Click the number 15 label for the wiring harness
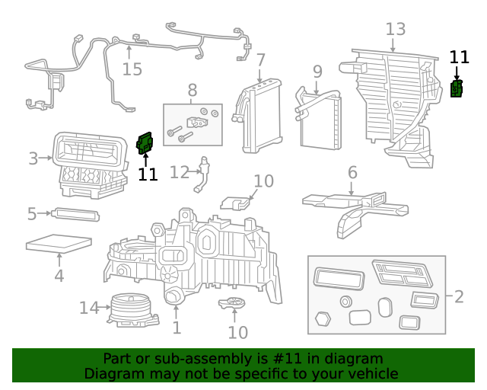pyautogui.click(x=132, y=69)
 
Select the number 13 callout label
pyautogui.click(x=395, y=30)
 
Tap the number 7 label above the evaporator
pyautogui.click(x=260, y=59)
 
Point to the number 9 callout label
pyautogui.click(x=317, y=72)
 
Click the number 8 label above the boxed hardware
pyautogui.click(x=193, y=91)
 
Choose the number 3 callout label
pyautogui.click(x=33, y=158)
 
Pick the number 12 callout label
pyautogui.click(x=179, y=172)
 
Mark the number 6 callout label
pyautogui.click(x=352, y=173)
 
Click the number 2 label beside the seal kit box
pyautogui.click(x=458, y=296)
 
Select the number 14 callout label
pyautogui.click(x=89, y=308)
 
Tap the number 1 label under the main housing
pyautogui.click(x=177, y=328)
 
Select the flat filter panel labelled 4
pyautogui.click(x=59, y=245)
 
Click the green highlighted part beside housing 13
pyautogui.click(x=457, y=88)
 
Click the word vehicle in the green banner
pyautogui.click(x=371, y=373)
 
